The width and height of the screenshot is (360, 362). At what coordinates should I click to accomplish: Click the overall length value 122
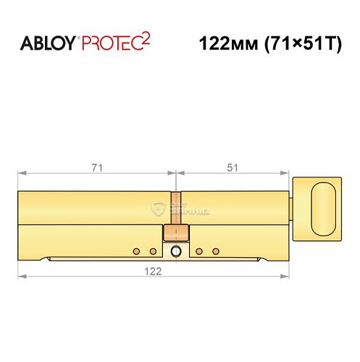[152, 269]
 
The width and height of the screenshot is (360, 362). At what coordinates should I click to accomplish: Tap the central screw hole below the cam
[176, 252]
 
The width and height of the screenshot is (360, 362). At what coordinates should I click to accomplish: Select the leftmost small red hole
[135, 251]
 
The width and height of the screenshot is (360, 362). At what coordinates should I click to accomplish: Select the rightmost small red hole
[216, 251]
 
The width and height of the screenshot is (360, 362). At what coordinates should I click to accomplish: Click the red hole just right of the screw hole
[199, 251]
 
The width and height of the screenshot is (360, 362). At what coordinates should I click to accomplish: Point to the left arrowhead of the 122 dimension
[21, 277]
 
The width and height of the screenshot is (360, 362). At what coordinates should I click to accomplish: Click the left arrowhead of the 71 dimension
[21, 174]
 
